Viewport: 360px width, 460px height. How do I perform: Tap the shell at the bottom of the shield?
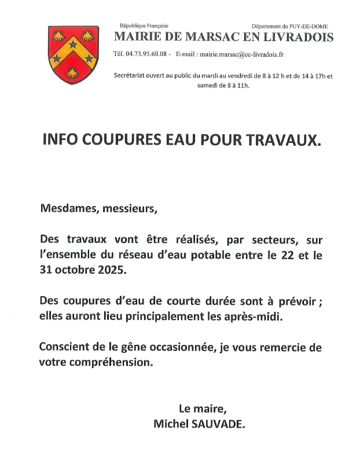point(73,73)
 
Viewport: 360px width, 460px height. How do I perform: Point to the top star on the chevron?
point(73,45)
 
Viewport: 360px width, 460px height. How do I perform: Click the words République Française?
point(144,26)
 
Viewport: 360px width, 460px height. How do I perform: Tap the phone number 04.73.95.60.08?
point(148,54)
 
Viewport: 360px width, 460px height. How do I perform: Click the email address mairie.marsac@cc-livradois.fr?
point(240,54)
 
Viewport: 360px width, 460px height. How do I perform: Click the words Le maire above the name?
point(199,409)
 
